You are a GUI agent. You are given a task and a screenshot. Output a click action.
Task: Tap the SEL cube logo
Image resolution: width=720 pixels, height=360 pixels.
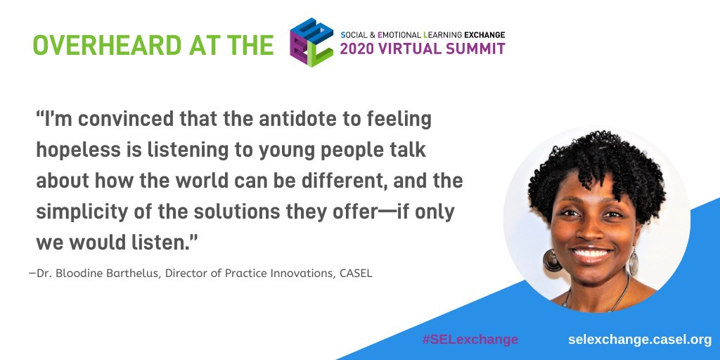coord(311,42)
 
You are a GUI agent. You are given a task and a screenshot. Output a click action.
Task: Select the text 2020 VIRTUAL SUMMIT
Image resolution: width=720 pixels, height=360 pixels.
coord(422,49)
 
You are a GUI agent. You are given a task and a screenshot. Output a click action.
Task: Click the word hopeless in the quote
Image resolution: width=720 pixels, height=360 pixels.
coord(74,150)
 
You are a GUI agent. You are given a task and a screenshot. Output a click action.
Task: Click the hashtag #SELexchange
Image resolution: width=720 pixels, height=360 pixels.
coord(470,340)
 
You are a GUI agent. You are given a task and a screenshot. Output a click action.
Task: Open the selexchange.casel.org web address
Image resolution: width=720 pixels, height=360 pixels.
coord(640,340)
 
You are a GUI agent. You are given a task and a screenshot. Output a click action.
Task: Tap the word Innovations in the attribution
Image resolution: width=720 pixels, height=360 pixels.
coord(296,273)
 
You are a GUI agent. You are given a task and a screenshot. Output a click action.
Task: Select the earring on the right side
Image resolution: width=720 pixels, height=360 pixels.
coord(634,262)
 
